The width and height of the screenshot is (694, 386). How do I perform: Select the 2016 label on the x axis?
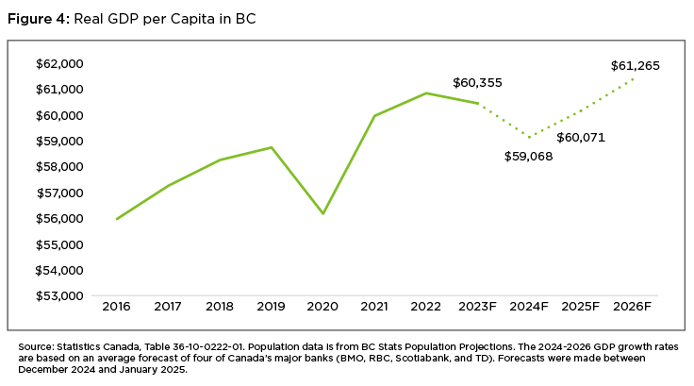pyautogui.click(x=117, y=307)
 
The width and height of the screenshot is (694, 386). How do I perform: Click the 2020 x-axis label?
pyautogui.click(x=323, y=307)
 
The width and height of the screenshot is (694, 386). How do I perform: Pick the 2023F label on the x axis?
pyautogui.click(x=478, y=307)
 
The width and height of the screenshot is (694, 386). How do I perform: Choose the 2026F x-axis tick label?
pyautogui.click(x=633, y=307)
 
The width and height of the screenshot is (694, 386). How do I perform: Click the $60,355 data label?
pyautogui.click(x=477, y=83)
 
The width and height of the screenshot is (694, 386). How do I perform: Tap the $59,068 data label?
pyautogui.click(x=528, y=156)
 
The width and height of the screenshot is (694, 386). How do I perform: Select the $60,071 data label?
pyautogui.click(x=581, y=138)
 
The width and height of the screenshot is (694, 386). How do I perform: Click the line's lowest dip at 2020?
pyautogui.click(x=323, y=213)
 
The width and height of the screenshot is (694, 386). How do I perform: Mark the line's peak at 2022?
pyautogui.click(x=426, y=92)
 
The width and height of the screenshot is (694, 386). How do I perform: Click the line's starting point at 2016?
pyautogui.click(x=117, y=219)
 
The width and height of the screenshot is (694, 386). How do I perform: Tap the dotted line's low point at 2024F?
pyautogui.click(x=530, y=138)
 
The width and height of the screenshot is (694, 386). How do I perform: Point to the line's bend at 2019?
pyautogui.click(x=272, y=147)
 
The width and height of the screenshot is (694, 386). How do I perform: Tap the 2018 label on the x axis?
pyautogui.click(x=220, y=307)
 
